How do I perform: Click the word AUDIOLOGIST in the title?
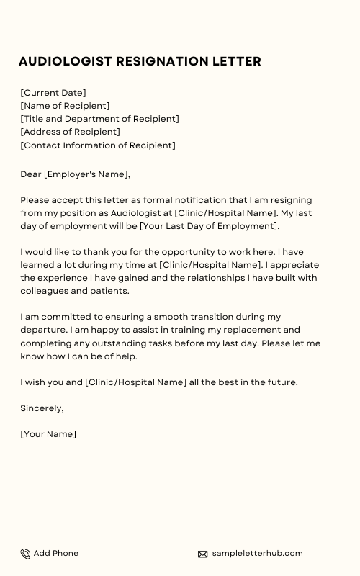[x=64, y=61]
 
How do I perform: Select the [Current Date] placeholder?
[x=53, y=93]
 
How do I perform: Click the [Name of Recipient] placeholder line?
[x=65, y=106]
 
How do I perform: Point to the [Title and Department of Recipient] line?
[x=99, y=119]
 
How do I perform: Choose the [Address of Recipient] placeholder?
[x=70, y=132]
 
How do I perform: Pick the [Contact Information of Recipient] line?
[x=97, y=145]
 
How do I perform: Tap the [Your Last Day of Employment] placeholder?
[x=209, y=226]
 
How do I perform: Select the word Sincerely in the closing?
[x=42, y=408]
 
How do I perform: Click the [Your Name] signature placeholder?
[x=48, y=434]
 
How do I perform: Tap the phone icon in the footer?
[x=25, y=554]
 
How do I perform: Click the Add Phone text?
[x=56, y=553]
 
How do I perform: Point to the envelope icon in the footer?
[x=203, y=554]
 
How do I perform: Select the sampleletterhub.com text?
[x=257, y=553]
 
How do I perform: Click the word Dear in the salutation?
[x=31, y=174]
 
